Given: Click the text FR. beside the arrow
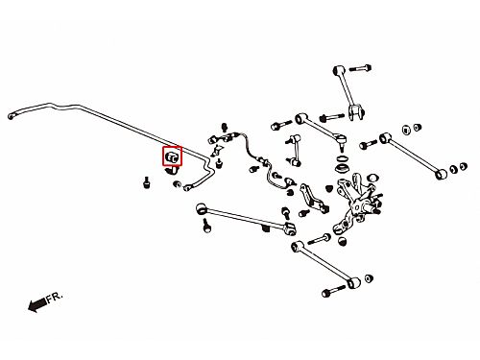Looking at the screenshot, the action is (55, 298).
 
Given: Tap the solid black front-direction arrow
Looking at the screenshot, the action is (37, 304).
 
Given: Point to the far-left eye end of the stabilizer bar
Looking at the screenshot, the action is (11, 116).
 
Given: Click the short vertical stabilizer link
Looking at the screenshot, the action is (296, 151).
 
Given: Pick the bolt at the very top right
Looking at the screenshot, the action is (360, 68).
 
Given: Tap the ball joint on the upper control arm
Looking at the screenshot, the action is (342, 141).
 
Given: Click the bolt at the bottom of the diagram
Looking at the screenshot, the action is (334, 292).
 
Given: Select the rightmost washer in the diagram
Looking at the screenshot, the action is (463, 166).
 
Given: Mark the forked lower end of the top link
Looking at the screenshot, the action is (356, 112).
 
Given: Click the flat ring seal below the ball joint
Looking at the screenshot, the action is (343, 158).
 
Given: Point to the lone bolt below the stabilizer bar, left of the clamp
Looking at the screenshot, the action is (147, 182).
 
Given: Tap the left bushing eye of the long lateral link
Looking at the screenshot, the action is (201, 208).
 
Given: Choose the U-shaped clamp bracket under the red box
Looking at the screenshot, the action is (172, 171).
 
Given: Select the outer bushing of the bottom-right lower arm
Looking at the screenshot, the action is (353, 283).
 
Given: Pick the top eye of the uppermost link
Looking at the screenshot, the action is (339, 70).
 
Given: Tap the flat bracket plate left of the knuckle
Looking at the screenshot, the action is (313, 198).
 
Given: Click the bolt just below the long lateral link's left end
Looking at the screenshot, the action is (207, 225).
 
